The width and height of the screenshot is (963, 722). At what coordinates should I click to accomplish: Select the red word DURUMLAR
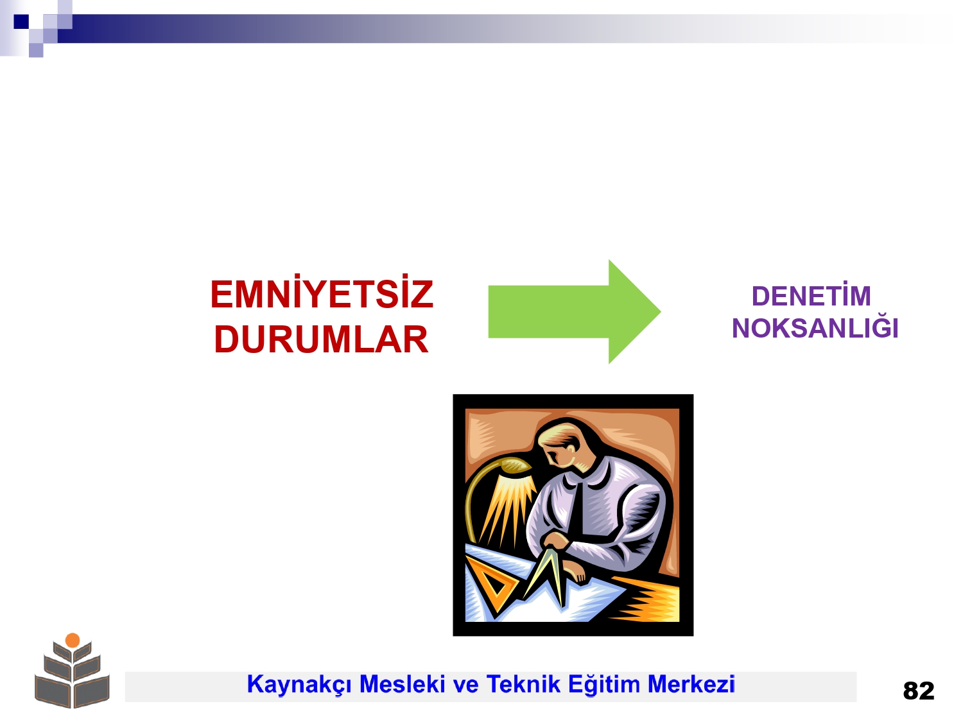(321, 340)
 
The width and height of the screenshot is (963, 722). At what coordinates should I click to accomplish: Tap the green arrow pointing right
(575, 312)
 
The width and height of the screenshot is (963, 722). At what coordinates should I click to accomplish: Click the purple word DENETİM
(811, 295)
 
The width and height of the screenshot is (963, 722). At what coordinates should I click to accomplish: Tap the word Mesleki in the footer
(403, 684)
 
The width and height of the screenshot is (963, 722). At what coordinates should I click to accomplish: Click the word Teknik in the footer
(523, 684)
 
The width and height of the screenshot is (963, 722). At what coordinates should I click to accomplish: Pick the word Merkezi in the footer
(691, 684)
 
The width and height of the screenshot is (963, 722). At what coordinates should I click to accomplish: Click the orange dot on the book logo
(73, 640)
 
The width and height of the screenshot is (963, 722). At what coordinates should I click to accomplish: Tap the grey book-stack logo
(72, 671)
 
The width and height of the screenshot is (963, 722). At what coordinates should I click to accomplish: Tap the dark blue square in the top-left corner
(21, 21)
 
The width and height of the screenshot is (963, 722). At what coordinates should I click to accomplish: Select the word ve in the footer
(465, 685)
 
